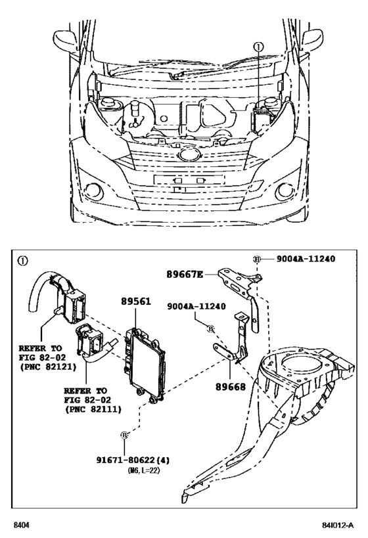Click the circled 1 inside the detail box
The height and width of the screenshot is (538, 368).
pyautogui.click(x=23, y=261)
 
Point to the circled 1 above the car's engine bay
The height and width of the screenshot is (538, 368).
pyautogui.click(x=258, y=47)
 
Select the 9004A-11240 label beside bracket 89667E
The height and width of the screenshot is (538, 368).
pyautogui.click(x=306, y=259)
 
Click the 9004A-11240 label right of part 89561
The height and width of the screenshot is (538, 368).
pyautogui.click(x=196, y=305)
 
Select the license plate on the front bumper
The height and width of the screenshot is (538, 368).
pyautogui.click(x=183, y=179)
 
